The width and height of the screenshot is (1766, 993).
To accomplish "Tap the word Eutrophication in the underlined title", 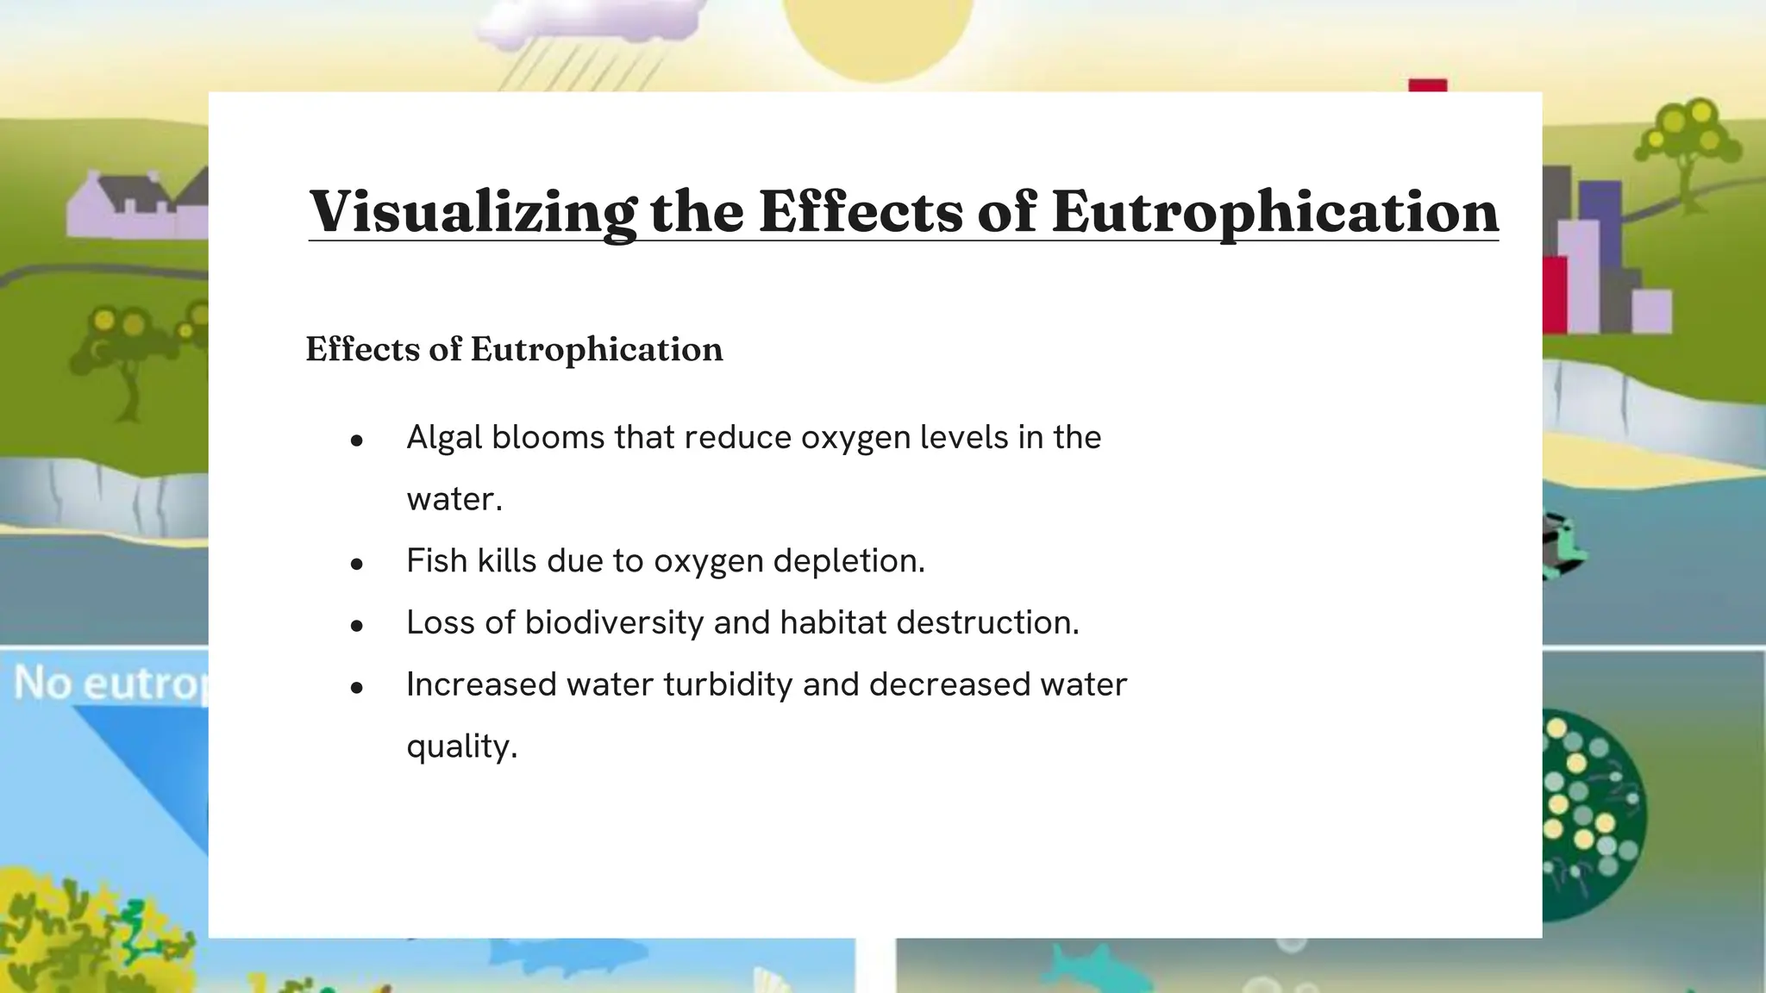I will point(1275,212).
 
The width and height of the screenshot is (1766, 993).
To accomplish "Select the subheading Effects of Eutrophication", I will point(514,349).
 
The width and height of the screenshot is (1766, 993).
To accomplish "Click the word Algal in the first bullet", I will point(444,438).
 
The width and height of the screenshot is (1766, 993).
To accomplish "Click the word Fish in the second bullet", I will point(436,561).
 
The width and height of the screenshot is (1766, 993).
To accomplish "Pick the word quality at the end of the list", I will point(461,747).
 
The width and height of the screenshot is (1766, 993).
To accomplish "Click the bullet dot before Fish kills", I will point(357,565).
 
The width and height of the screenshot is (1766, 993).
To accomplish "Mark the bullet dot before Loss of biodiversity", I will point(357,627).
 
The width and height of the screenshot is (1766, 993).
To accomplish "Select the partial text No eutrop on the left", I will point(108,684).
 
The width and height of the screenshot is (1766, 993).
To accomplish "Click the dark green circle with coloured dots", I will point(1591,815).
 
